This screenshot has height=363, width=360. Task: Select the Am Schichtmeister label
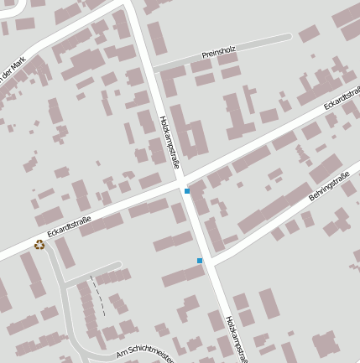143,355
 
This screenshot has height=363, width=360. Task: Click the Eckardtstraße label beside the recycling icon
69,225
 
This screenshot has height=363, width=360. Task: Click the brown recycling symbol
39,245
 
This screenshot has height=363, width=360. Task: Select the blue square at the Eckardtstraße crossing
186,192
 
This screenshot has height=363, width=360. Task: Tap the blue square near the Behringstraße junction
200,261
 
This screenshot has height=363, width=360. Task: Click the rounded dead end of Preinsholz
288,37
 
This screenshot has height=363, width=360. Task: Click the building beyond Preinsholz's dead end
309,34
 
